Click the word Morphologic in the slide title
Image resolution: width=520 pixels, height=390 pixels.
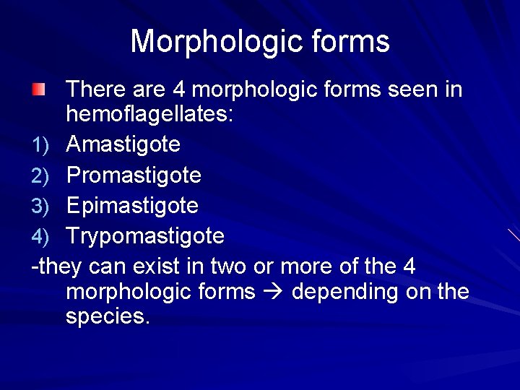[216, 42]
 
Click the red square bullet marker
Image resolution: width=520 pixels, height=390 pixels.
[38, 91]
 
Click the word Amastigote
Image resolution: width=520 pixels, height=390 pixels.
[123, 144]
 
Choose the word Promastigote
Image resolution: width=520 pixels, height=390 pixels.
[134, 175]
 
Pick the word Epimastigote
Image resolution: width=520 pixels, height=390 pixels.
[132, 205]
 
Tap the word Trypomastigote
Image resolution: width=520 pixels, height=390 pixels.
[145, 236]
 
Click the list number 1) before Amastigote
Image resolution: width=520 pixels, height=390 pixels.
[40, 145]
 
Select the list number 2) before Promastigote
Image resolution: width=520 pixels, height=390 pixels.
[40, 175]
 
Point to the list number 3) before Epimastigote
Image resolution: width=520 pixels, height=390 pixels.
[40, 206]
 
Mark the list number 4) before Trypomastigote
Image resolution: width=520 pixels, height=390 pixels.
[40, 237]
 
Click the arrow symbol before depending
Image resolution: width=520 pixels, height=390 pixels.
[274, 292]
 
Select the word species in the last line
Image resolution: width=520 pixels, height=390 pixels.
[108, 317]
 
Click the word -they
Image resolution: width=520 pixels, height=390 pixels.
[58, 266]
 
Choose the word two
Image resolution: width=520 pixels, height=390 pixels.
[227, 266]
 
